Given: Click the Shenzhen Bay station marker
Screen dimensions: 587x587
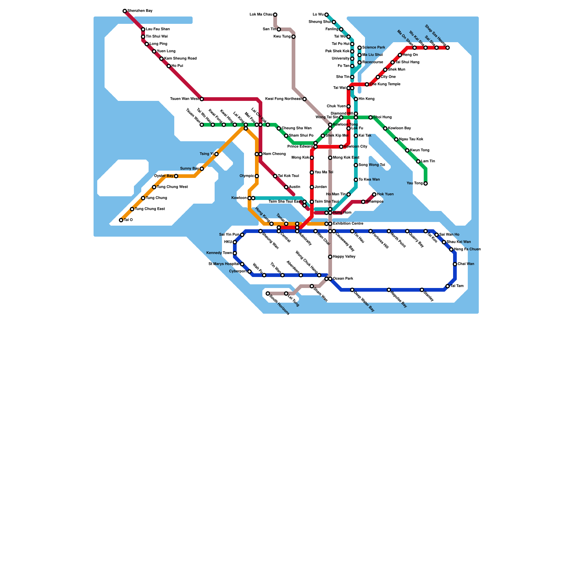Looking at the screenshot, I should [x=125, y=11].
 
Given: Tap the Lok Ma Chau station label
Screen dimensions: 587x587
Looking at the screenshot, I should [x=261, y=15].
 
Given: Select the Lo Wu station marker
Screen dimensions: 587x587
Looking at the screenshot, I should [x=327, y=15].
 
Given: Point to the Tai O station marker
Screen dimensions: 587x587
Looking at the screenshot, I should [x=121, y=220].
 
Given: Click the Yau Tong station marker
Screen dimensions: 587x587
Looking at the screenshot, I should [x=426, y=183].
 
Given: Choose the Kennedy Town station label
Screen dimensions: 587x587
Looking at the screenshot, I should [x=219, y=253].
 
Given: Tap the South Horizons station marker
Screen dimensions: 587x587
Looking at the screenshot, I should [x=268, y=293].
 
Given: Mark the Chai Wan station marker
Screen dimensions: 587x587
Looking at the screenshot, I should [x=455, y=264].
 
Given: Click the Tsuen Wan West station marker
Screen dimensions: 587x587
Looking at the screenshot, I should [x=202, y=99].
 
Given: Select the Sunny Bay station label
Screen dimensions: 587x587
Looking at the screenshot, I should [x=189, y=169].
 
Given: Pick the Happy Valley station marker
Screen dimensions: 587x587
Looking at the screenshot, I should [x=330, y=257].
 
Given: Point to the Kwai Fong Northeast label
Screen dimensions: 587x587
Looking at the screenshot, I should [x=283, y=99].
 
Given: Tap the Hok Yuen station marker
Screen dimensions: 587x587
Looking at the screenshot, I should [x=374, y=194].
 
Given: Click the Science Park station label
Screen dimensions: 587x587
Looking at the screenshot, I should [x=373, y=48].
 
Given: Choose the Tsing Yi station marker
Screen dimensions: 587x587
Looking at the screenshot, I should [x=216, y=154].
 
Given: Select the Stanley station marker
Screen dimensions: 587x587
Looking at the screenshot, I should [x=422, y=290].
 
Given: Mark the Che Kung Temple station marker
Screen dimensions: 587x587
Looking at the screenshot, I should [x=367, y=84].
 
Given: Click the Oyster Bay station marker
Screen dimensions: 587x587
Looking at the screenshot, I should [x=176, y=176].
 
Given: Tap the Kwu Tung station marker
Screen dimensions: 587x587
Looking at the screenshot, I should [x=293, y=37].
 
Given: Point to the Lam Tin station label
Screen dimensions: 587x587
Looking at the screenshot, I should [x=428, y=161].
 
